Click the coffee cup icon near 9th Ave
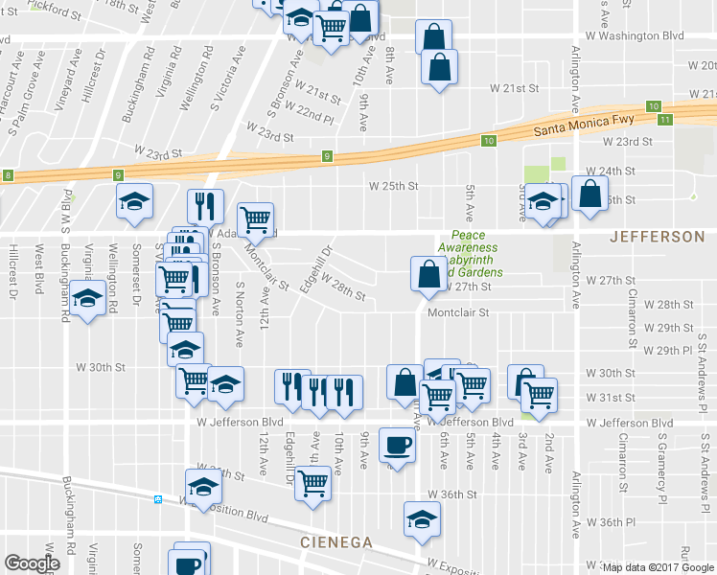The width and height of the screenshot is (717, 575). point(398,445)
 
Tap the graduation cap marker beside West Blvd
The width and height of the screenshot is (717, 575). point(88,299)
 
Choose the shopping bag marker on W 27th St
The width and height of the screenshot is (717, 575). point(427,274)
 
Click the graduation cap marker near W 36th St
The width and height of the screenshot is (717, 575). point(420,518)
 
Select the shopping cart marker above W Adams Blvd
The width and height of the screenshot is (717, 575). point(255,219)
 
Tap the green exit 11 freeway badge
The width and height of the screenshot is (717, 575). point(665,119)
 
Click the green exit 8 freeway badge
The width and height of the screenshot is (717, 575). point(9,175)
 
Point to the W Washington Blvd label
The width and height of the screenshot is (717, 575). point(641,35)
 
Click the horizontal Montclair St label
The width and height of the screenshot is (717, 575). point(458,312)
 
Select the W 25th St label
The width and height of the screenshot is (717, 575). point(395,186)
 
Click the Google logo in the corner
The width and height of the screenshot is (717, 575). point(32,563)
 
